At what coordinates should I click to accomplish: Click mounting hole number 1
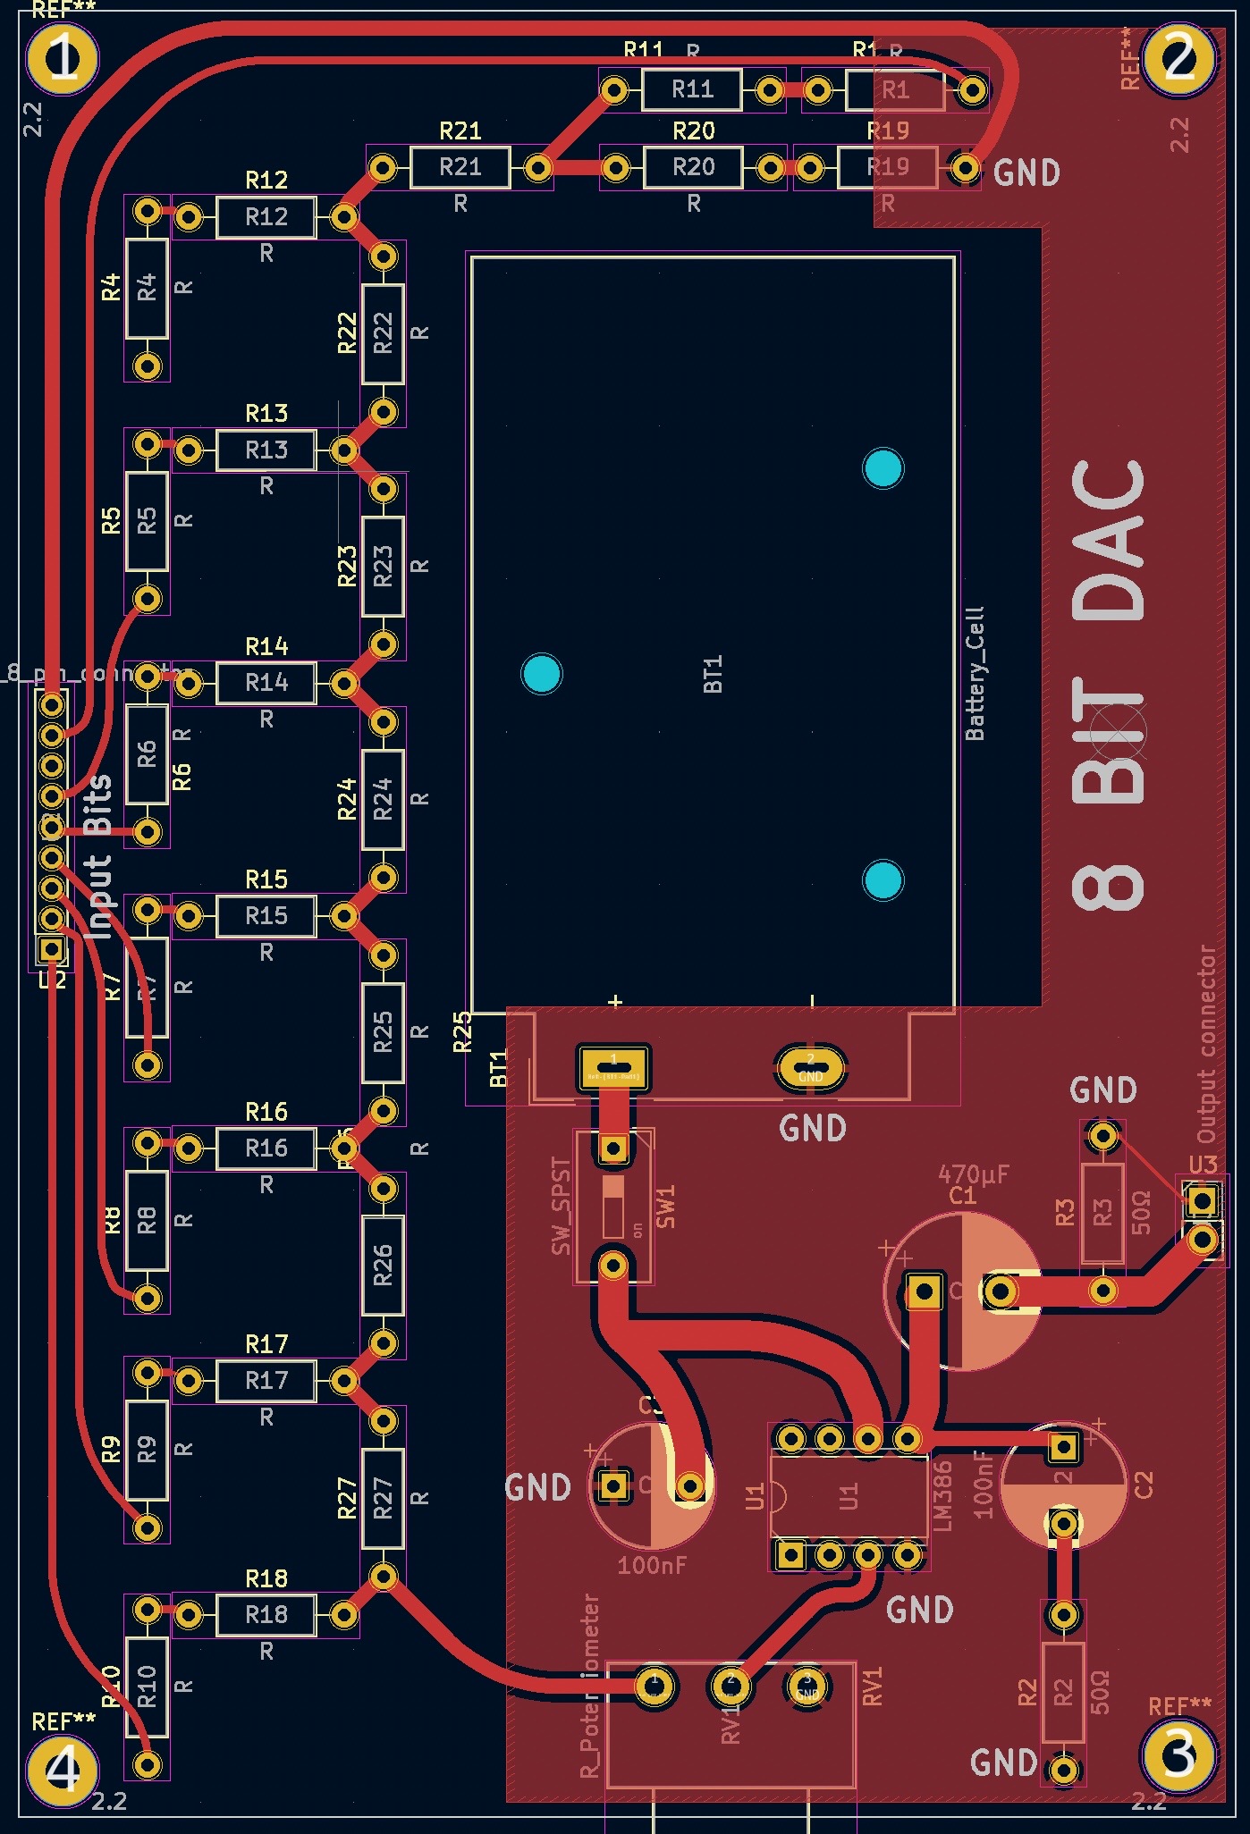coord(62,58)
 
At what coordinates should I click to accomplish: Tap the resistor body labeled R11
coord(692,89)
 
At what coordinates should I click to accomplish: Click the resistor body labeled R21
coord(460,167)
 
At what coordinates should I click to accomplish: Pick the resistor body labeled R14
coord(266,683)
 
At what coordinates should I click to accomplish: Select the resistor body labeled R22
coord(383,333)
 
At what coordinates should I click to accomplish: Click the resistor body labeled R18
coord(266,1614)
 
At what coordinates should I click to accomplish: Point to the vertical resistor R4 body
coord(147,288)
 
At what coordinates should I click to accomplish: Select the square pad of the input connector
coord(52,947)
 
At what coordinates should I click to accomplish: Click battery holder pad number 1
coord(614,1066)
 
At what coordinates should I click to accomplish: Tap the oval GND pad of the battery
coord(810,1066)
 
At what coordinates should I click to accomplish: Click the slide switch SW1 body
coord(613,1207)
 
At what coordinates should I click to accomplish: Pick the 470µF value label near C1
coord(973,1174)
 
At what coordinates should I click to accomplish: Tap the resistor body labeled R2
coord(1063,1692)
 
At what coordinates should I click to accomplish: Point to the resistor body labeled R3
coord(1102,1213)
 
